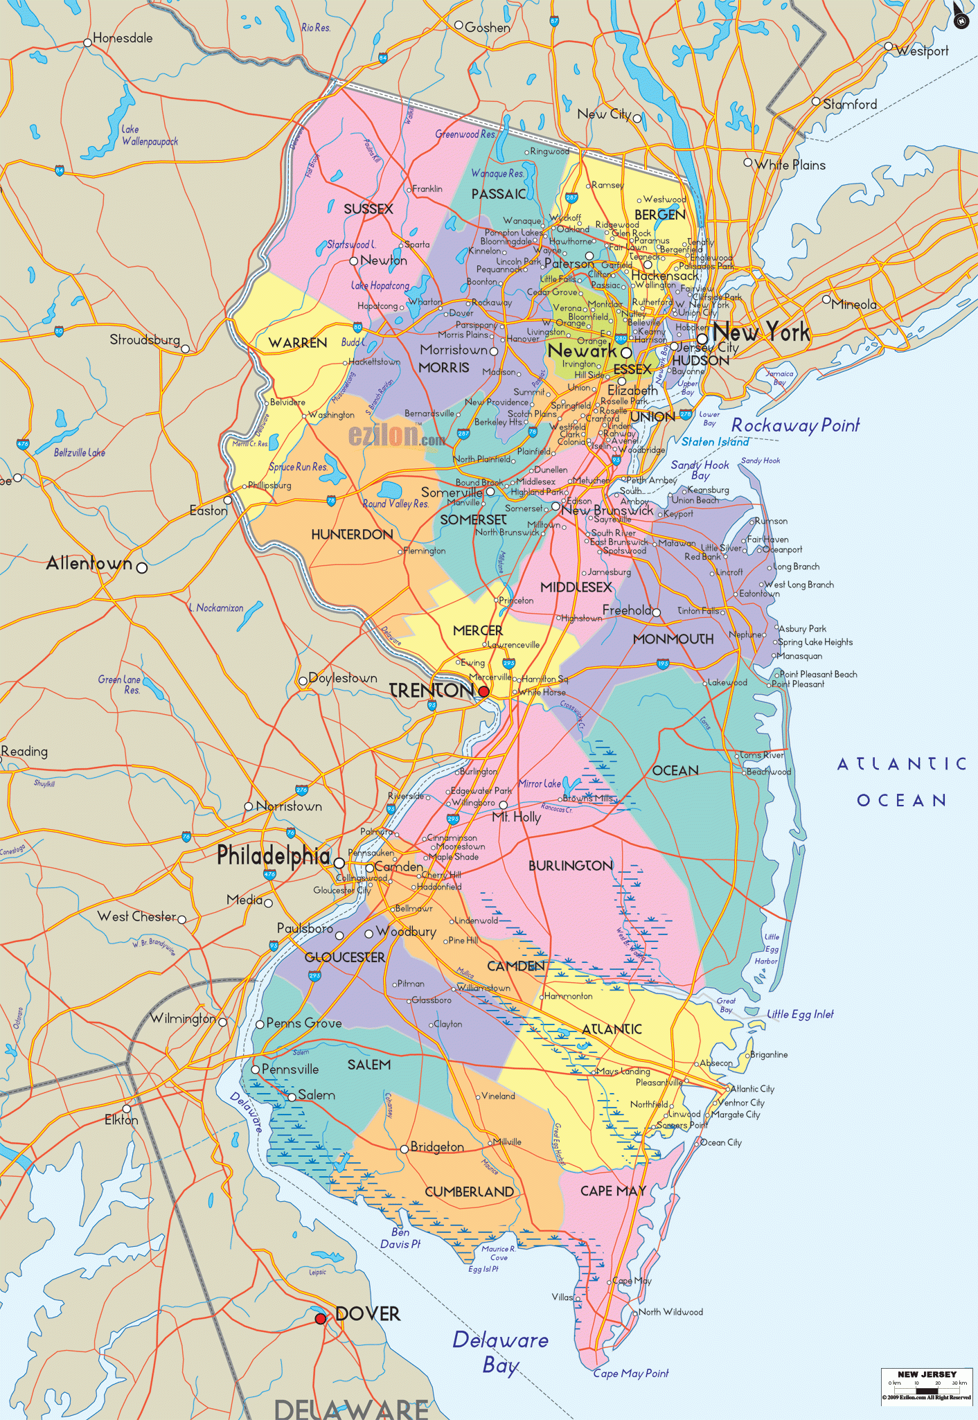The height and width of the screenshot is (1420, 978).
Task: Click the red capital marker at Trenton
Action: [x=483, y=691]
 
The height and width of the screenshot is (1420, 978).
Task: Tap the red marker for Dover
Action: [x=321, y=1318]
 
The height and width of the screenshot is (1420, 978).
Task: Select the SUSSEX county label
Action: [x=368, y=209]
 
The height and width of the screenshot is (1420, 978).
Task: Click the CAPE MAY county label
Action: [x=613, y=1191]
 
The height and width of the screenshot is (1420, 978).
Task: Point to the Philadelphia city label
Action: [x=274, y=856]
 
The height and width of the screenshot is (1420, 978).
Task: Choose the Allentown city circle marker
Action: [x=142, y=568]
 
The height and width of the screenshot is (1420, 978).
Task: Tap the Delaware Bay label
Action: [x=500, y=1351]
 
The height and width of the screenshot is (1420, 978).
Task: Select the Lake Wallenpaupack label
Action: [x=149, y=136]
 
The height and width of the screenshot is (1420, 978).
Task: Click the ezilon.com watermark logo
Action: [x=397, y=436]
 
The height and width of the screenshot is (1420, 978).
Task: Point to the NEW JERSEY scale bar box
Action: [x=926, y=1385]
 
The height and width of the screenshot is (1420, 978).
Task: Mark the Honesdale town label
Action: [x=123, y=38]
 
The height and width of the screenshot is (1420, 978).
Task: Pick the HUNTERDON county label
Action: [x=352, y=535]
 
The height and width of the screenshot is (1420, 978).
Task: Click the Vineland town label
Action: [x=498, y=1096]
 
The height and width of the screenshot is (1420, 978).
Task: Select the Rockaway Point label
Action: [x=795, y=425]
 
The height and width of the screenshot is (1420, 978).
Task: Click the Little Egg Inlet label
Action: [x=800, y=1014]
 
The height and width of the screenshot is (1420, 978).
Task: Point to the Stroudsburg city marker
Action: [x=186, y=348]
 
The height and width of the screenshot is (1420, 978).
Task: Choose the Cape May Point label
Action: [x=631, y=1374]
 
